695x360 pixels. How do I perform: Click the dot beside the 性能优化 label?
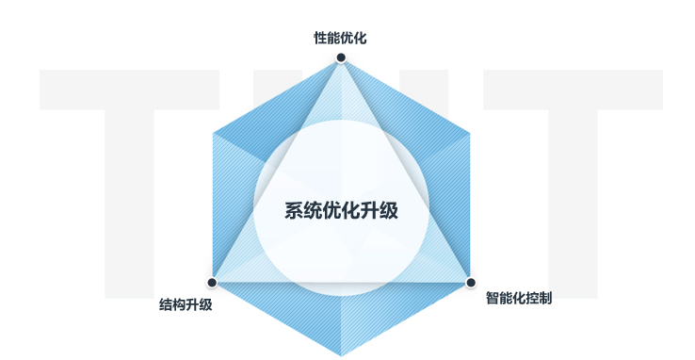341,57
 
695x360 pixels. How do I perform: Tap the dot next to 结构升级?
212,282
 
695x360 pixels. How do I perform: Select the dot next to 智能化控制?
470,282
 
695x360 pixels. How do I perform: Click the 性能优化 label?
340,39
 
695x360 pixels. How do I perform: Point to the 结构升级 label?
186,304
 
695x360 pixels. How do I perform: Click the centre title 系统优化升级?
341,210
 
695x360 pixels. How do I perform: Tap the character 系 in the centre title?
294,210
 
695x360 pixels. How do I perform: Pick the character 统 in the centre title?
313,210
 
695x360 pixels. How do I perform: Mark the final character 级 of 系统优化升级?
388,210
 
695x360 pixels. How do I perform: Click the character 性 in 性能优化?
320,39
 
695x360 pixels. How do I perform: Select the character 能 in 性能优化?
333,39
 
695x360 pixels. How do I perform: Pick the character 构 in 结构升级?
180,304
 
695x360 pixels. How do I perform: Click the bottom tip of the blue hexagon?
341,355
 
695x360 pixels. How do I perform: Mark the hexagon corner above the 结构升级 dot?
213,132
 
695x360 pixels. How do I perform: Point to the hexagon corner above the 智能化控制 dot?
469,132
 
